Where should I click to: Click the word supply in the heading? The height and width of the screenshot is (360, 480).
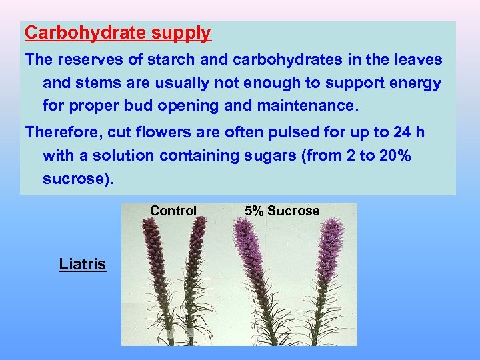tap(181, 33)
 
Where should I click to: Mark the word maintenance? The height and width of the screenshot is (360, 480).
tap(311, 106)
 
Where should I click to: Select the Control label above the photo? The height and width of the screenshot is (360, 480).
tap(173, 211)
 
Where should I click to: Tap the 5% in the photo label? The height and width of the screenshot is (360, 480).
tap(254, 211)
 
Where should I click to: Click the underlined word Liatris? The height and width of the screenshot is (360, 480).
tap(82, 264)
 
